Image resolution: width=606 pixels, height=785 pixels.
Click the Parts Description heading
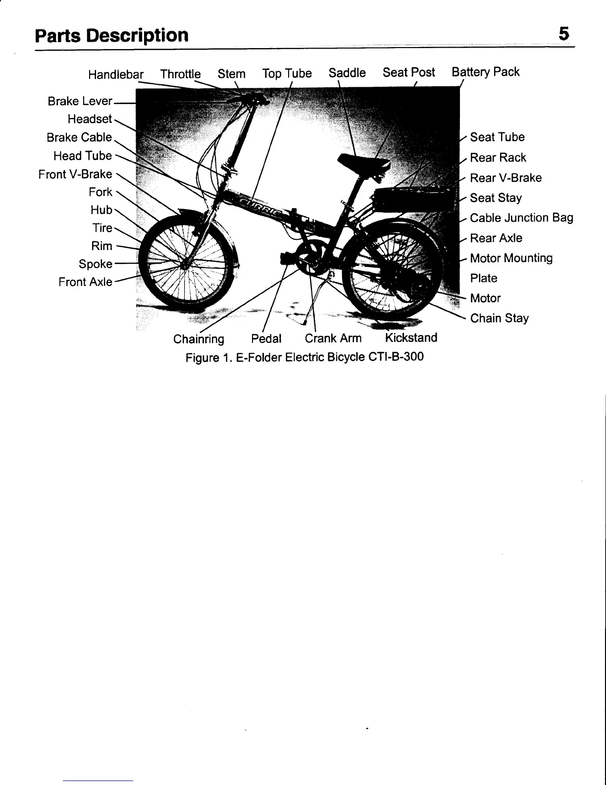click(112, 35)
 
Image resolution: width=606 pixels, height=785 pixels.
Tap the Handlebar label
click(115, 75)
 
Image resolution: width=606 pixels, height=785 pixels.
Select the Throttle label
click(180, 74)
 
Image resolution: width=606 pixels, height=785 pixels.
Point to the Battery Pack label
click(485, 72)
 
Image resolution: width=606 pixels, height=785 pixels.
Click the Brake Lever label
click(80, 101)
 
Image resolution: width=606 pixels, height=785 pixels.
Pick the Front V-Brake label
click(75, 174)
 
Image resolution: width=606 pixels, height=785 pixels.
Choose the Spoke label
click(95, 264)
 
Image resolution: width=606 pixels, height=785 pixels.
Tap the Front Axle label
click(85, 282)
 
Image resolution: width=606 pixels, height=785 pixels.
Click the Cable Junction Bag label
click(521, 218)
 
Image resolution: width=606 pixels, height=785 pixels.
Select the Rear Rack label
click(498, 158)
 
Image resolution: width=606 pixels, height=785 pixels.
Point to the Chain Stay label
click(499, 318)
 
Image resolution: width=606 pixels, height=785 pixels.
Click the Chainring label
click(199, 339)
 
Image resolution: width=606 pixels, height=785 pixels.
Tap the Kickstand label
click(411, 338)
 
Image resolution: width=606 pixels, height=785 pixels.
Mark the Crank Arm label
click(333, 338)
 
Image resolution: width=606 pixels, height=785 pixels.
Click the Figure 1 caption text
click(304, 357)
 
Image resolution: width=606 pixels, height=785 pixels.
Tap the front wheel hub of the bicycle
click(185, 266)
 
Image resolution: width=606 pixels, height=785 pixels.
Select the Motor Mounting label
click(511, 258)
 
